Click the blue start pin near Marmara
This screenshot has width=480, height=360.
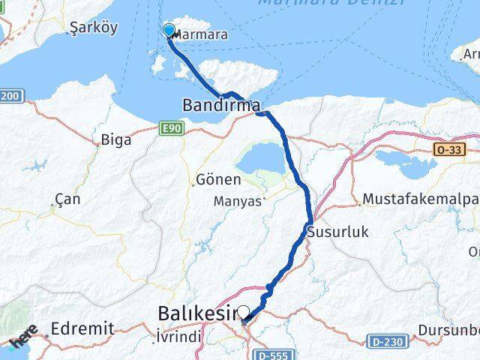[x=169, y=31]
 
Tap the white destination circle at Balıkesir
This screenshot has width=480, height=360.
[x=243, y=311]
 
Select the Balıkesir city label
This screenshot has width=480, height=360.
[x=198, y=312]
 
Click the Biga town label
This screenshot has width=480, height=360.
[x=115, y=139]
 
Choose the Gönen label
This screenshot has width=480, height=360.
[x=218, y=180]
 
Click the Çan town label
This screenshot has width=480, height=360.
[x=67, y=200]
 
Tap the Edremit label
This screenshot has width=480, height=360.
[x=82, y=328]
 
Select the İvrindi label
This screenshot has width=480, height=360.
[x=178, y=338]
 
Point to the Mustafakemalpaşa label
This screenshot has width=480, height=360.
[x=420, y=199]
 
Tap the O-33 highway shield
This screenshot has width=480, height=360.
[x=445, y=150]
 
